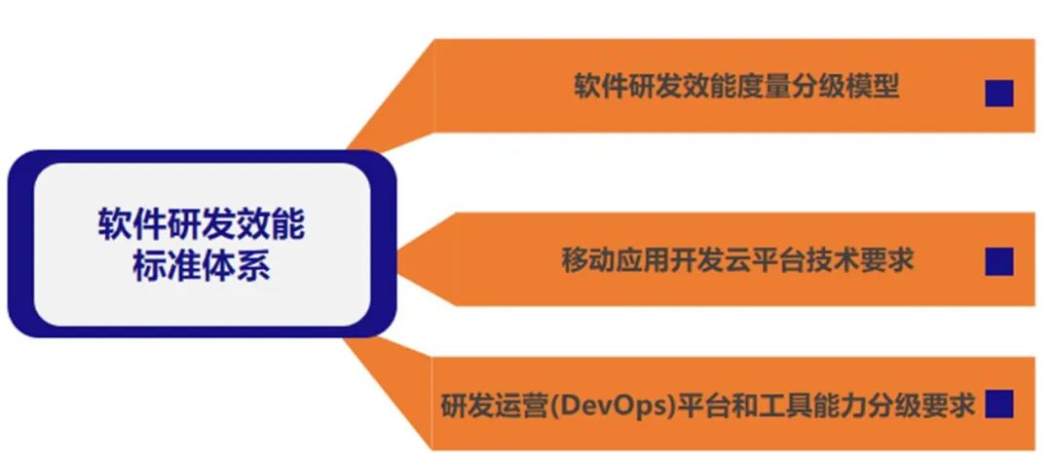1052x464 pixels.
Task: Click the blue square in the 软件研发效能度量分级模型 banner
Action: coord(999,94)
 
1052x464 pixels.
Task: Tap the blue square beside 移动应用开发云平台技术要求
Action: coord(999,261)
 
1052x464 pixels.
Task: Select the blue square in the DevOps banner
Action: coord(999,405)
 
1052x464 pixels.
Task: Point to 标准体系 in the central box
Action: coord(202,266)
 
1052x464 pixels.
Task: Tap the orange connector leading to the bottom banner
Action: coord(389,393)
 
